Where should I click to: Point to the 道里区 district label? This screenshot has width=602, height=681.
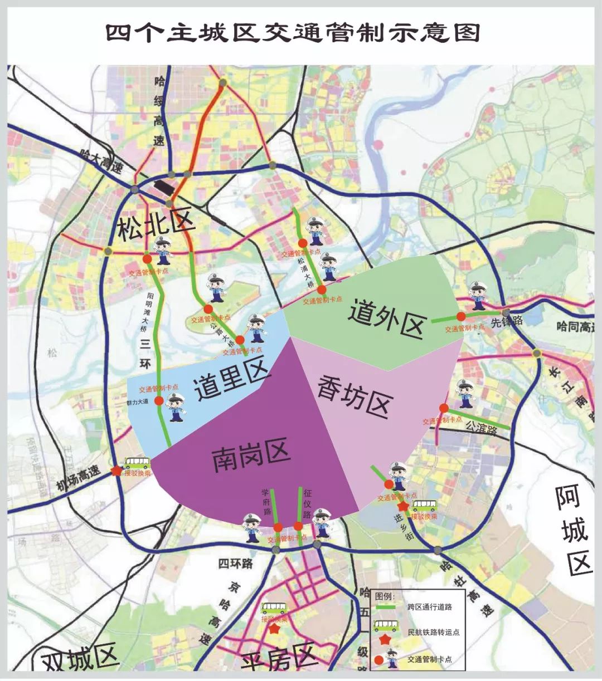pyautogui.click(x=232, y=382)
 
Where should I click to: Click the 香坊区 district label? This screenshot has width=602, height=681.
pyautogui.click(x=355, y=396)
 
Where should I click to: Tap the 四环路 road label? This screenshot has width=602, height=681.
pyautogui.click(x=235, y=564)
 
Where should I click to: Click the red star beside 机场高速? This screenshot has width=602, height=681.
pyautogui.click(x=116, y=471)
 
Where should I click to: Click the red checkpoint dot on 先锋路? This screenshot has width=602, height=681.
pyautogui.click(x=461, y=316)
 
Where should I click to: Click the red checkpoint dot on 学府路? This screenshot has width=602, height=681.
pyautogui.click(x=278, y=527)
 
